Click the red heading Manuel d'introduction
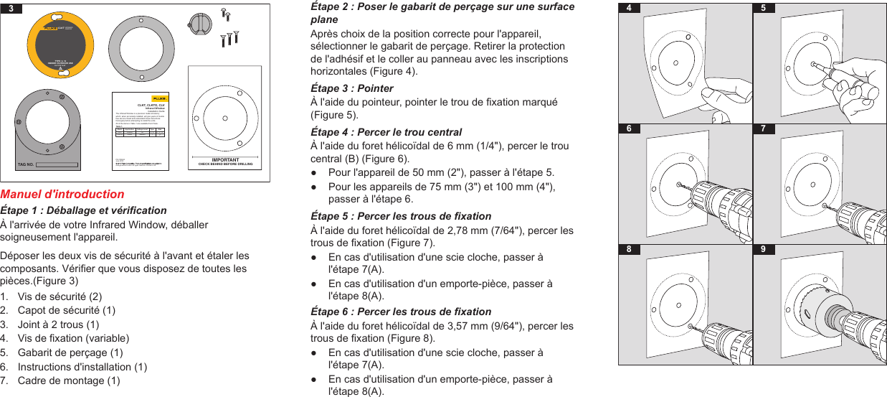pyautogui.click(x=62, y=194)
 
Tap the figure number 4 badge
pyautogui.click(x=628, y=9)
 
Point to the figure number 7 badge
pyautogui.click(x=763, y=129)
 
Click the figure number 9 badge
pyautogui.click(x=763, y=249)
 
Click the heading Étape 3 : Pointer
pyautogui.click(x=351, y=88)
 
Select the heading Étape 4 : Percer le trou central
pyautogui.click(x=386, y=132)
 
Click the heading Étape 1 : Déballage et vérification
pyautogui.click(x=83, y=210)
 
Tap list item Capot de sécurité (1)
pyautogui.click(x=67, y=310)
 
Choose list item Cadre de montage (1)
pyautogui.click(x=69, y=380)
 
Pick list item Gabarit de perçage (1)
pyautogui.click(x=70, y=352)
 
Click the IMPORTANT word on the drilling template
pyautogui.click(x=225, y=159)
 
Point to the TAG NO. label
pyautogui.click(x=25, y=164)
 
